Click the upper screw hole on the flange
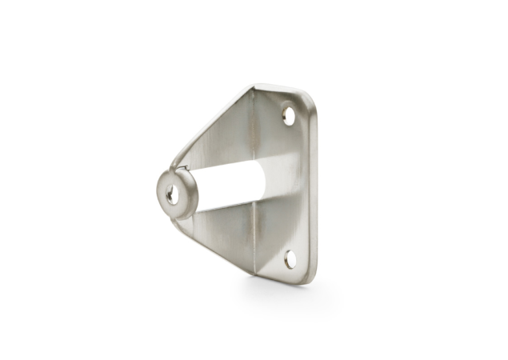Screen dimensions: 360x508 click(x=289, y=116)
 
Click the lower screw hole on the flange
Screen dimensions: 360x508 click(x=291, y=258)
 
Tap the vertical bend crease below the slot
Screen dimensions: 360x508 click(x=255, y=240)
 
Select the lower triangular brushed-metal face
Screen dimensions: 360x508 click(x=228, y=232)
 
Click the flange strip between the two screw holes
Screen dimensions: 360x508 click(x=292, y=188)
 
